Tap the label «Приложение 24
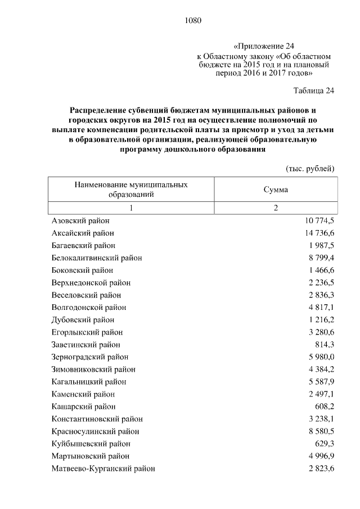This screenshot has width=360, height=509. pyautogui.click(x=263, y=46)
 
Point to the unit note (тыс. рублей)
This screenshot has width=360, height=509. pyautogui.click(x=310, y=168)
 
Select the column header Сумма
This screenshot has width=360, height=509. pyautogui.click(x=276, y=190)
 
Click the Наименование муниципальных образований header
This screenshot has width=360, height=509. pyautogui.click(x=131, y=190)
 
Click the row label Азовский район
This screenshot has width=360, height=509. pyautogui.click(x=80, y=220)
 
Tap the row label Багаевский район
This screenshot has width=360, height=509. pyautogui.click(x=83, y=245)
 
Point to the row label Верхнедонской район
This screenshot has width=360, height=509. pyautogui.click(x=91, y=282)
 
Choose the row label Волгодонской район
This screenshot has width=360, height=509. pyautogui.click(x=89, y=307)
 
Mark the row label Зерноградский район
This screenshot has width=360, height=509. pyautogui.click(x=90, y=357)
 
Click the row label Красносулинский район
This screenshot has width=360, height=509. pyautogui.click(x=95, y=431)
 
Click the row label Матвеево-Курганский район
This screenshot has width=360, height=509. pyautogui.click(x=103, y=469)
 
